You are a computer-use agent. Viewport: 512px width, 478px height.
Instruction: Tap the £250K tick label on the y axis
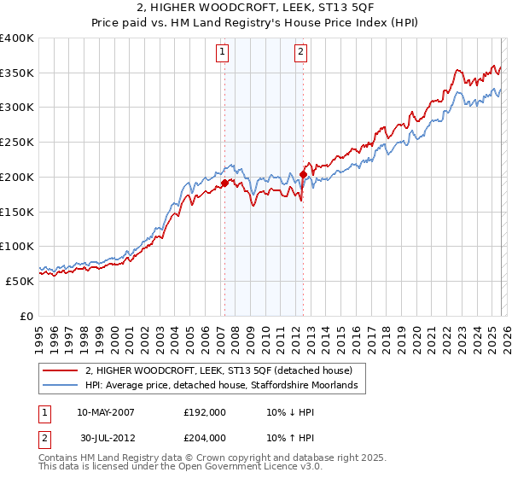pos(17,142)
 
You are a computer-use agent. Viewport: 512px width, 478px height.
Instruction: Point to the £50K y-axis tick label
pos(20,281)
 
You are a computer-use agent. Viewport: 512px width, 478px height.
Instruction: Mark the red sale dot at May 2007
pos(224,183)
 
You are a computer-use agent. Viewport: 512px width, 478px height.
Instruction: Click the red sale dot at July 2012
pos(303,174)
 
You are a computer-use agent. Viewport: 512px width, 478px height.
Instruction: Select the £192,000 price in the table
pos(205,412)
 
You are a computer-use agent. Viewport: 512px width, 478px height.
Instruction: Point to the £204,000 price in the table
pos(205,438)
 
